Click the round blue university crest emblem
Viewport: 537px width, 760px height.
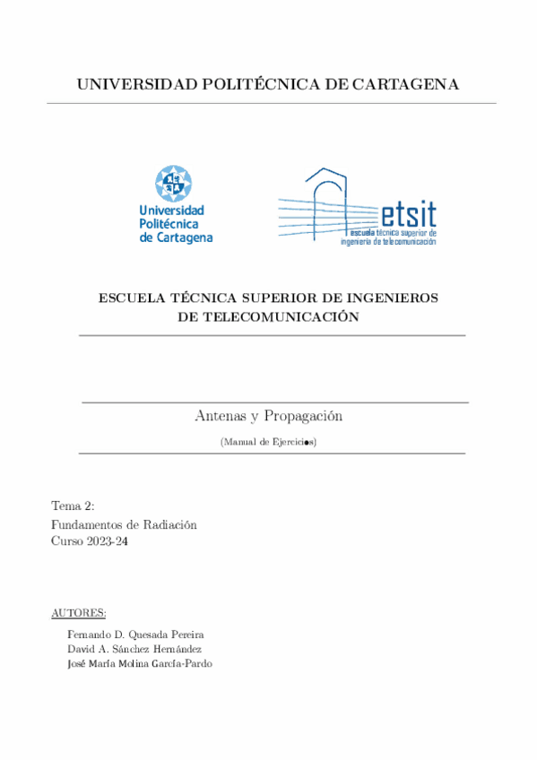173,183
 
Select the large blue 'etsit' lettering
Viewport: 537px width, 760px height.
409,214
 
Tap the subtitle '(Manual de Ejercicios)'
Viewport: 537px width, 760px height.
268,442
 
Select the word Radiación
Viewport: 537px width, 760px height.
169,524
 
